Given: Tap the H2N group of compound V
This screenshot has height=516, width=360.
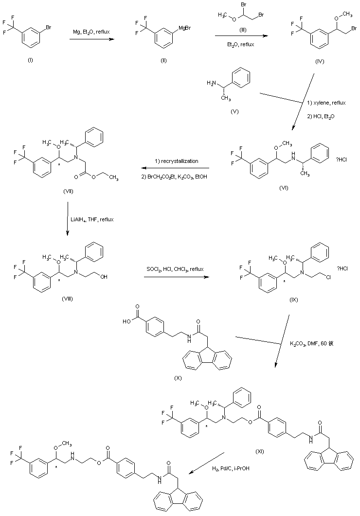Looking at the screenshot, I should (x=211, y=84).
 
